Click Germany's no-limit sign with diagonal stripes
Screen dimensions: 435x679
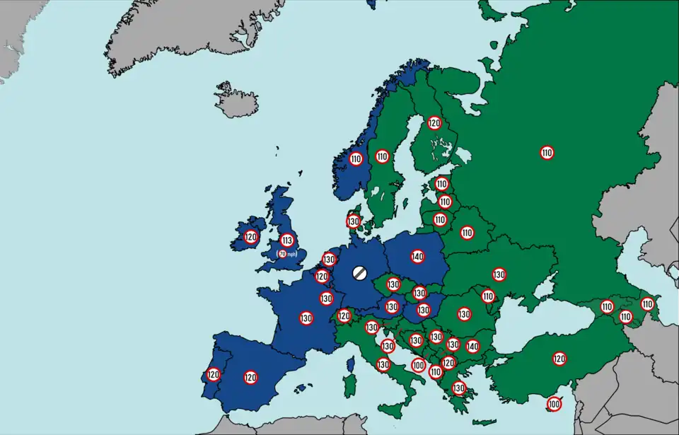pyautogui.click(x=359, y=271)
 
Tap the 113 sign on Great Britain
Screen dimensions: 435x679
pyautogui.click(x=286, y=240)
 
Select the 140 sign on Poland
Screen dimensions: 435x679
pyautogui.click(x=417, y=256)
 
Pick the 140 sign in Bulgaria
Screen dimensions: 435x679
pyautogui.click(x=472, y=346)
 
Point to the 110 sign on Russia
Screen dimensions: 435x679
pyautogui.click(x=546, y=152)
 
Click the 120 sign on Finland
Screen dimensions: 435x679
pyautogui.click(x=434, y=123)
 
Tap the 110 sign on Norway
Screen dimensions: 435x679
pyautogui.click(x=356, y=159)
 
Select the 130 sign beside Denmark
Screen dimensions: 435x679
pyautogui.click(x=354, y=221)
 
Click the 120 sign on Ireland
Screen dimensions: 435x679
pyautogui.click(x=250, y=237)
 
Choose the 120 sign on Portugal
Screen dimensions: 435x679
pyautogui.click(x=213, y=374)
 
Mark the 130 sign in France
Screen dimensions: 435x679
pyautogui.click(x=306, y=318)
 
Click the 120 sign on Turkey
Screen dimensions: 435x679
pyautogui.click(x=559, y=359)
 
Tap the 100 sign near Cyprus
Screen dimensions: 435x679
pyautogui.click(x=554, y=405)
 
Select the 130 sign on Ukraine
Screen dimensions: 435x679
pyautogui.click(x=499, y=274)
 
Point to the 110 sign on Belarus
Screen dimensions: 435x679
pyautogui.click(x=467, y=232)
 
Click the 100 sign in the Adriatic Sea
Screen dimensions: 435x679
pyautogui.click(x=418, y=366)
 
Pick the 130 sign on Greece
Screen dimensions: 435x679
pyautogui.click(x=459, y=388)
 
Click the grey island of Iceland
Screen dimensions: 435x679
pyautogui.click(x=236, y=100)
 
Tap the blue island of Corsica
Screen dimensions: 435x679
pyautogui.click(x=350, y=365)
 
